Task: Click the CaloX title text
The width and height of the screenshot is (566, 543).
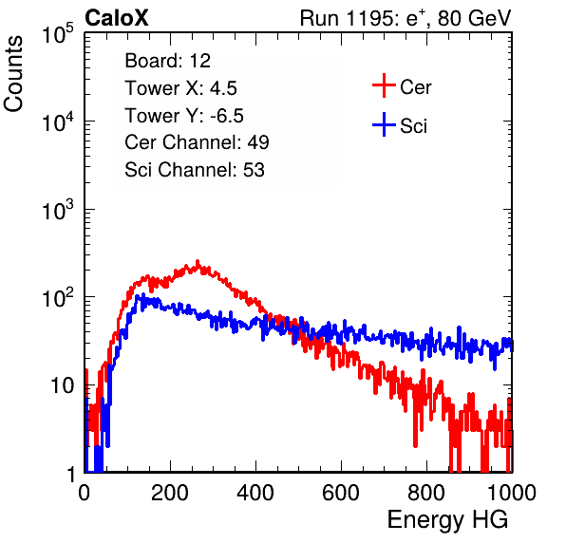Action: click(x=117, y=18)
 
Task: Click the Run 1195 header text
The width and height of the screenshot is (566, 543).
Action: click(x=406, y=18)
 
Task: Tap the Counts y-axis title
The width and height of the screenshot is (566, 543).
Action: click(x=13, y=74)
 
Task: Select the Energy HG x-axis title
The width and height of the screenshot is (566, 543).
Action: click(x=447, y=520)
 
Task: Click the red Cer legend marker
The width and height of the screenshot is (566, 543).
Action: click(x=384, y=85)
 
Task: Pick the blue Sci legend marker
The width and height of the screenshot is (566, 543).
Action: click(x=384, y=124)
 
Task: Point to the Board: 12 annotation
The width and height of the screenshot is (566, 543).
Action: click(x=167, y=61)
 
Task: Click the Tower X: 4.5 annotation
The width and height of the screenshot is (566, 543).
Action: click(x=180, y=88)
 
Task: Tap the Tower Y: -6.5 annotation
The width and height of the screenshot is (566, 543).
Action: click(x=184, y=116)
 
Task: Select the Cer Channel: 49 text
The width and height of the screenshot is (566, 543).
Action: click(x=197, y=142)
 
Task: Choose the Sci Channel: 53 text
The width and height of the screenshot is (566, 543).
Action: click(x=195, y=170)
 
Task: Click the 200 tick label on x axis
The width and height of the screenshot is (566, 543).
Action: click(x=170, y=493)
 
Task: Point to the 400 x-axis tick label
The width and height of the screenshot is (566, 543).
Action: click(x=255, y=493)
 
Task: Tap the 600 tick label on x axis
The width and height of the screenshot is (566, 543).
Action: click(x=341, y=493)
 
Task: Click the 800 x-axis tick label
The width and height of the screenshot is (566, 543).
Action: click(x=426, y=493)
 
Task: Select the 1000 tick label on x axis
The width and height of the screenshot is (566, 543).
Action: click(x=512, y=493)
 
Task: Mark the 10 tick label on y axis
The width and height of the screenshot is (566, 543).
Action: click(x=62, y=385)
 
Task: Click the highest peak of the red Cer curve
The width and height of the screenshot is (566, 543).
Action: click(x=198, y=261)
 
